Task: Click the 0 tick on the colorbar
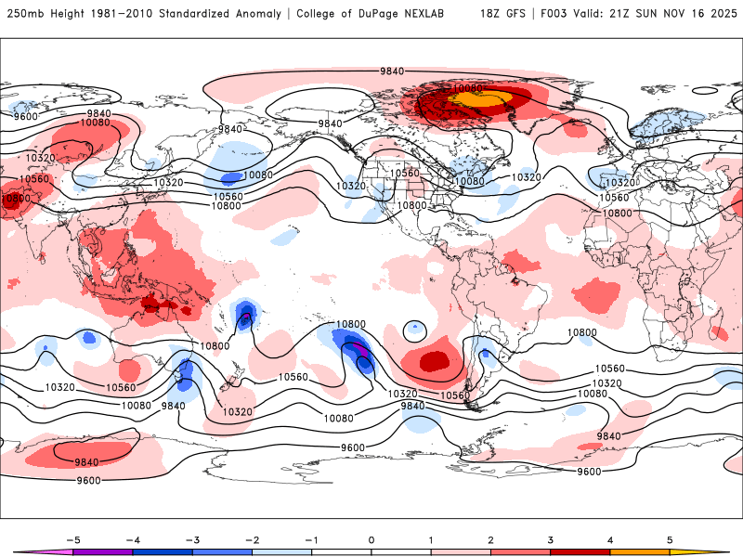tap(371, 538)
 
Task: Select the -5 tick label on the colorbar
tap(71, 538)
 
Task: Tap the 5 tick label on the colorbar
tap(670, 538)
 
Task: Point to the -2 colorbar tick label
tap(251, 538)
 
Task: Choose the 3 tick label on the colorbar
tap(550, 538)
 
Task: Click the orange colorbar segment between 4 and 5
tap(640, 551)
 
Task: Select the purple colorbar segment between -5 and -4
tap(102, 551)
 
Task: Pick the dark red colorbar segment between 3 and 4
tap(580, 551)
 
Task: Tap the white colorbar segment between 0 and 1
tap(400, 551)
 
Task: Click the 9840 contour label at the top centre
tap(392, 71)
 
